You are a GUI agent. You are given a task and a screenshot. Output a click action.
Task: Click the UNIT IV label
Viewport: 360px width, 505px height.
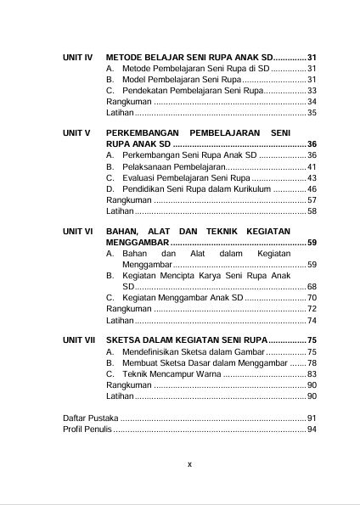pyautogui.click(x=77, y=55)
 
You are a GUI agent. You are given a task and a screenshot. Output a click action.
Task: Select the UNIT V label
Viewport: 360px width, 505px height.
pyautogui.click(x=76, y=133)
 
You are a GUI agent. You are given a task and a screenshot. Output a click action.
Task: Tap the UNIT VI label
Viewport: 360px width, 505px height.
pyautogui.click(x=77, y=231)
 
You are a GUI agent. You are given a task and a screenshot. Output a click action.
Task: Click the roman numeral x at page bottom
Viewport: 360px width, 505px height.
pyautogui.click(x=189, y=463)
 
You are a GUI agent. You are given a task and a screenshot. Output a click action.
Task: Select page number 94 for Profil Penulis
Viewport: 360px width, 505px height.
pyautogui.click(x=312, y=429)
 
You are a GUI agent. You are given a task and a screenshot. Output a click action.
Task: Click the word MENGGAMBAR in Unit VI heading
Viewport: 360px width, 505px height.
pyautogui.click(x=138, y=243)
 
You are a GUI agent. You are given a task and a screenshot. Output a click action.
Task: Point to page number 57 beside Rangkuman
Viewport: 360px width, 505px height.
pyautogui.click(x=312, y=199)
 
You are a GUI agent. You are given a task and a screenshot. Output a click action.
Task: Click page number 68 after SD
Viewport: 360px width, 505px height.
pyautogui.click(x=312, y=287)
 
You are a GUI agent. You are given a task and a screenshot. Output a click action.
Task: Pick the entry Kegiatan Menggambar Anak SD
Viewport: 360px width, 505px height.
pyautogui.click(x=183, y=298)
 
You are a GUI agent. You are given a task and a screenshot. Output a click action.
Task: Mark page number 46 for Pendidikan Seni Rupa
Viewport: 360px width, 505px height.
pyautogui.click(x=312, y=188)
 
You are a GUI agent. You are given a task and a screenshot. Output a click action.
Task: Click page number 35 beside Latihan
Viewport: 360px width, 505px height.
pyautogui.click(x=312, y=112)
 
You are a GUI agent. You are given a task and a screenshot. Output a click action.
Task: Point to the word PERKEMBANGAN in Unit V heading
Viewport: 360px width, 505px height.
pyautogui.click(x=149, y=133)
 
